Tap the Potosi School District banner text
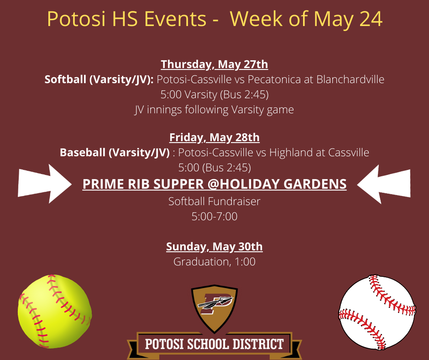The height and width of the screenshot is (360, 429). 214,344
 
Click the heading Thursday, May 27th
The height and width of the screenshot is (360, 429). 214,64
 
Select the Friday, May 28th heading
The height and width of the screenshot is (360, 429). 214,137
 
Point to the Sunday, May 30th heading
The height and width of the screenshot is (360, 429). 214,247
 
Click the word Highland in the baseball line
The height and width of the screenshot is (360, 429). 288,152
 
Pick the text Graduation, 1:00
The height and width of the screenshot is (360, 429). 214,262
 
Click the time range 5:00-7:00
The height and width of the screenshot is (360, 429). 214,216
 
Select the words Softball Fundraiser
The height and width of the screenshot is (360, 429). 214,201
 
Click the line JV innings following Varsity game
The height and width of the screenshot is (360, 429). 214,110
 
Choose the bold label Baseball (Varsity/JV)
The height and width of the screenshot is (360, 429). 115,152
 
